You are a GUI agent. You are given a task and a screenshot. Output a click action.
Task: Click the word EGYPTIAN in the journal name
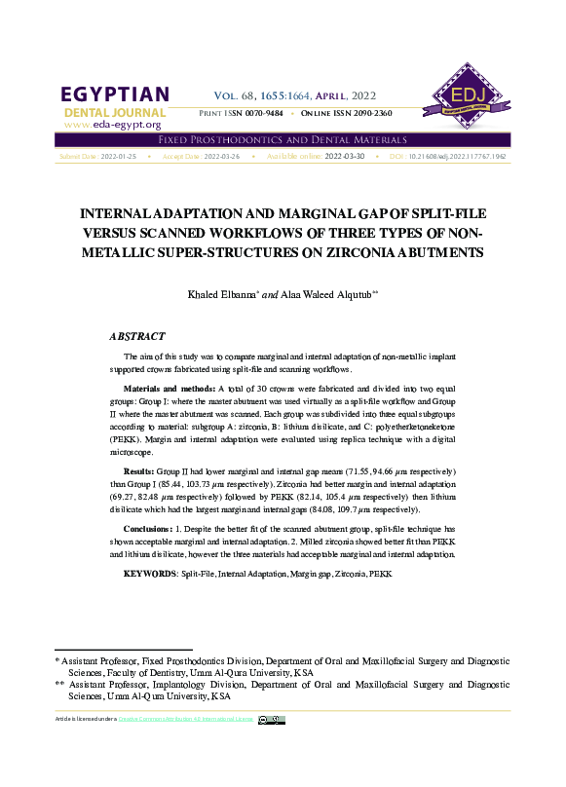115,95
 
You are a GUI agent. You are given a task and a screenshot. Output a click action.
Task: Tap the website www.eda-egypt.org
112,125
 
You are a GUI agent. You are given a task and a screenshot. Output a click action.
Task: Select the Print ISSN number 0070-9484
261,114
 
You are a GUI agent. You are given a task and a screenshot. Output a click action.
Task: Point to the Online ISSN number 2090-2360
370,114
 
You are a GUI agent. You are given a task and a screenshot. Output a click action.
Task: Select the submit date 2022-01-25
119,156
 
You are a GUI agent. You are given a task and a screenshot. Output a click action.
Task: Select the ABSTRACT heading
137,336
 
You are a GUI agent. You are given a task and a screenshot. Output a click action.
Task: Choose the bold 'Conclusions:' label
149,529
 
